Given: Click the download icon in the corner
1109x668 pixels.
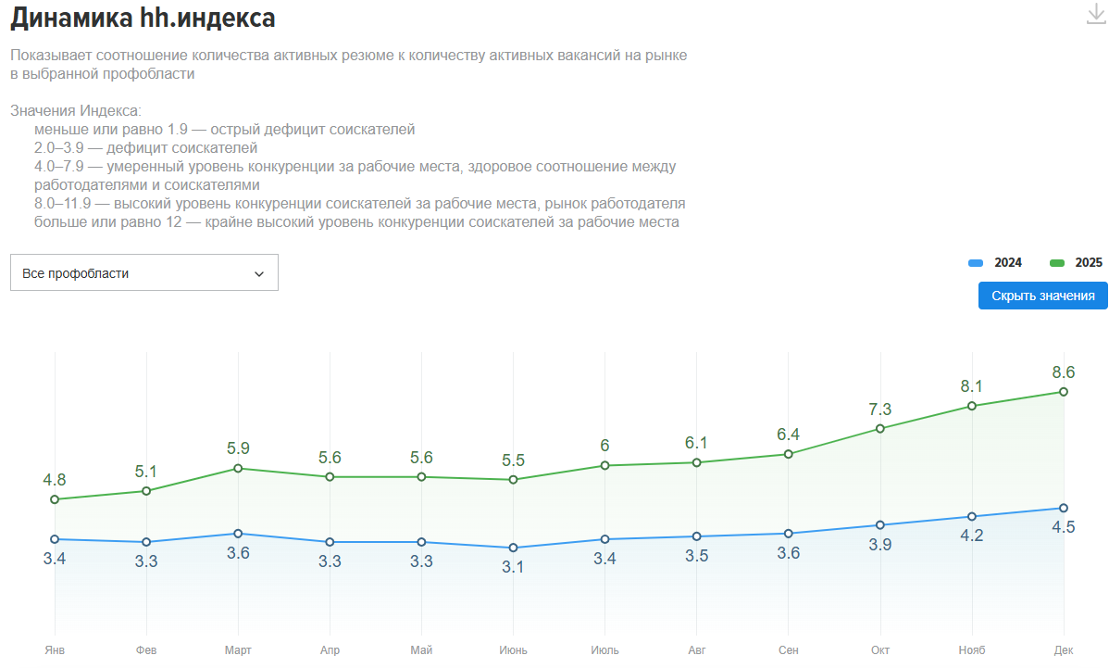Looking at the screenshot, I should tap(1096, 15).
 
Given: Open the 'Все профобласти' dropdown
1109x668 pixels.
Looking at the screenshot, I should tap(143, 273).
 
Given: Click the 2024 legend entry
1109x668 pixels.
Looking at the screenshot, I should tap(996, 263).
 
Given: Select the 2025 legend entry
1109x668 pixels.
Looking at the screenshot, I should tap(1077, 263).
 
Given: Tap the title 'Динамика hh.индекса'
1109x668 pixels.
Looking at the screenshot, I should tap(143, 18).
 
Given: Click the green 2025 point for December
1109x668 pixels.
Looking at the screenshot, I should tap(1064, 392).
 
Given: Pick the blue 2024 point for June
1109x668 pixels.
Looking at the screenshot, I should tap(513, 548).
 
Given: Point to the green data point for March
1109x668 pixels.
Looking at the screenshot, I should tap(238, 468).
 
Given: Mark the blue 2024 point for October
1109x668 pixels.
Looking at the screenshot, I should tap(880, 525).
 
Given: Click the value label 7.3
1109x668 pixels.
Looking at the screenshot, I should tap(880, 410).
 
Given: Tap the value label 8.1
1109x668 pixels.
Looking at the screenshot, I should tap(972, 386).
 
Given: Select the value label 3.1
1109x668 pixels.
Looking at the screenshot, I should tap(513, 567).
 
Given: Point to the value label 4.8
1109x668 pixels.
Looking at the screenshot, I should tap(55, 480).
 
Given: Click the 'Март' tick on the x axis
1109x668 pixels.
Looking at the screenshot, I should tap(238, 650).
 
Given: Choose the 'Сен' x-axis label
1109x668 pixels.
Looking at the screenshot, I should tap(789, 650).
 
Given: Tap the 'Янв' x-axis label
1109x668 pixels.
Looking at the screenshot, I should tap(55, 650).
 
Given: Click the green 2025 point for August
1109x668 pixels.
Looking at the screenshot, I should tap(697, 462).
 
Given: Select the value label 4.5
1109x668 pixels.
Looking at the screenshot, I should tap(1064, 527).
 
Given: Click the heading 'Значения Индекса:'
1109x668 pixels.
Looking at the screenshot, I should tap(76, 111).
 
